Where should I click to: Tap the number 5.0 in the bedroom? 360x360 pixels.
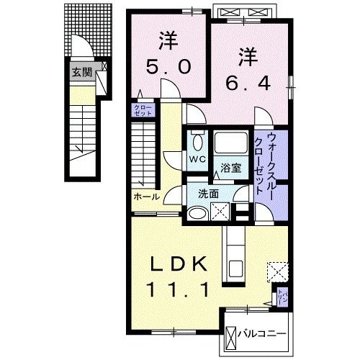170,68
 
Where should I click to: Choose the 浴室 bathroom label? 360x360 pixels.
230,168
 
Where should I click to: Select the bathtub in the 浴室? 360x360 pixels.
230,144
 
